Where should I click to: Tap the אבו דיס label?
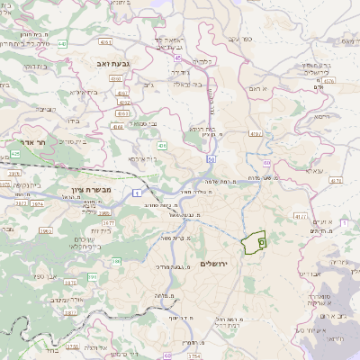[309, 274]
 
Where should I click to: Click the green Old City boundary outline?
[256, 239]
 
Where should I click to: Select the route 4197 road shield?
[255, 133]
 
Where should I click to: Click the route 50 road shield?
[209, 158]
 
